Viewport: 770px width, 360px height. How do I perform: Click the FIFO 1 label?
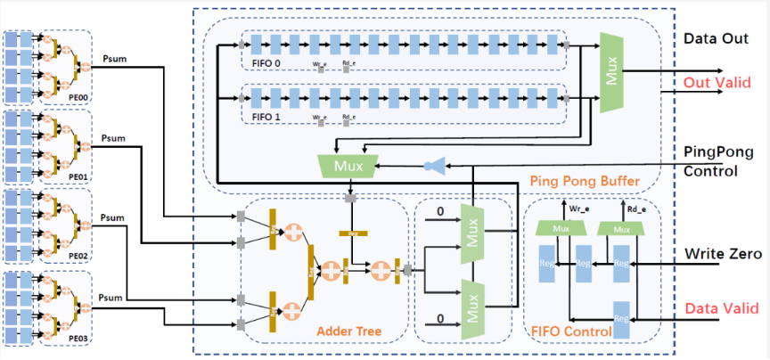coord(264,117)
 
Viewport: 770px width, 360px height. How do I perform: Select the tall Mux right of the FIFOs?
coord(611,73)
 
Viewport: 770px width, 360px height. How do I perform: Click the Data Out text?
coord(714,39)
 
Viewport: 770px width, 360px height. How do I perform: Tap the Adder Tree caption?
coord(348,332)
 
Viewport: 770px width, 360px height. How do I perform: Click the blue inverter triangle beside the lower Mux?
coord(436,165)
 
